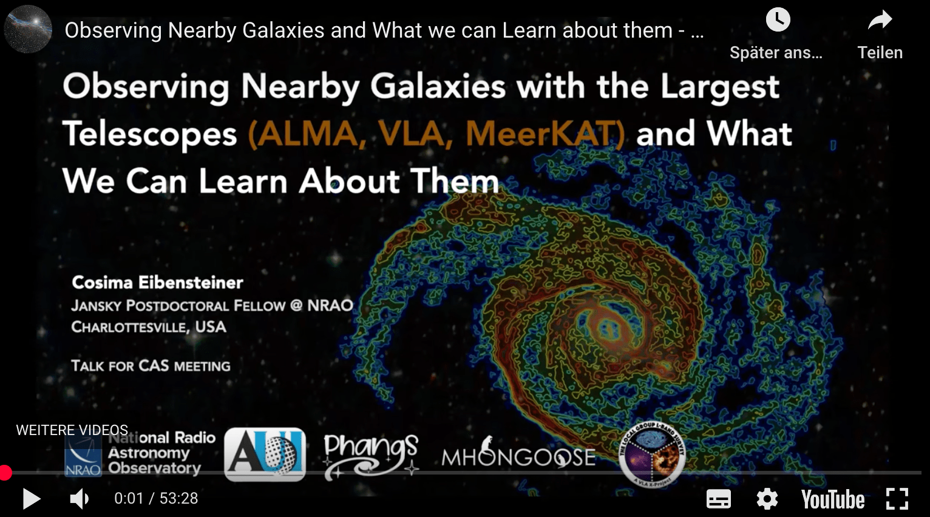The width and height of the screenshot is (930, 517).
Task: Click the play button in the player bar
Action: (31, 499)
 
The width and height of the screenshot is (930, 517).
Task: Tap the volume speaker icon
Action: (79, 499)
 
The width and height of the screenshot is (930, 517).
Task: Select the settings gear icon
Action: (767, 499)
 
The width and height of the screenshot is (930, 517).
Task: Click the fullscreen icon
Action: (897, 499)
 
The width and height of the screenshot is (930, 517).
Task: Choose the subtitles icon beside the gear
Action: (719, 499)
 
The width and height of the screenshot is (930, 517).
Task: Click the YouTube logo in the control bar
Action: (832, 499)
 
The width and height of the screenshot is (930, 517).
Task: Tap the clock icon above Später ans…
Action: (778, 20)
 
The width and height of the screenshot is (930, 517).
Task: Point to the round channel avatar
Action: (28, 29)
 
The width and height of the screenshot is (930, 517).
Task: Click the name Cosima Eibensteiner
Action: (157, 283)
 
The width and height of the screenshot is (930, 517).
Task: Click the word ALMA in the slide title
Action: (306, 134)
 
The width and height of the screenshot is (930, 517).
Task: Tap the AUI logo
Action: (265, 454)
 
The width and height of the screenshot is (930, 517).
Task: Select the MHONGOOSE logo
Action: (518, 456)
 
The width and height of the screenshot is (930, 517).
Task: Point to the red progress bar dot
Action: (5, 473)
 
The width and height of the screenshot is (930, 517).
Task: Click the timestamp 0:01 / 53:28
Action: (156, 499)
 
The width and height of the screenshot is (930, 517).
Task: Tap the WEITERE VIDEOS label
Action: (72, 430)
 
